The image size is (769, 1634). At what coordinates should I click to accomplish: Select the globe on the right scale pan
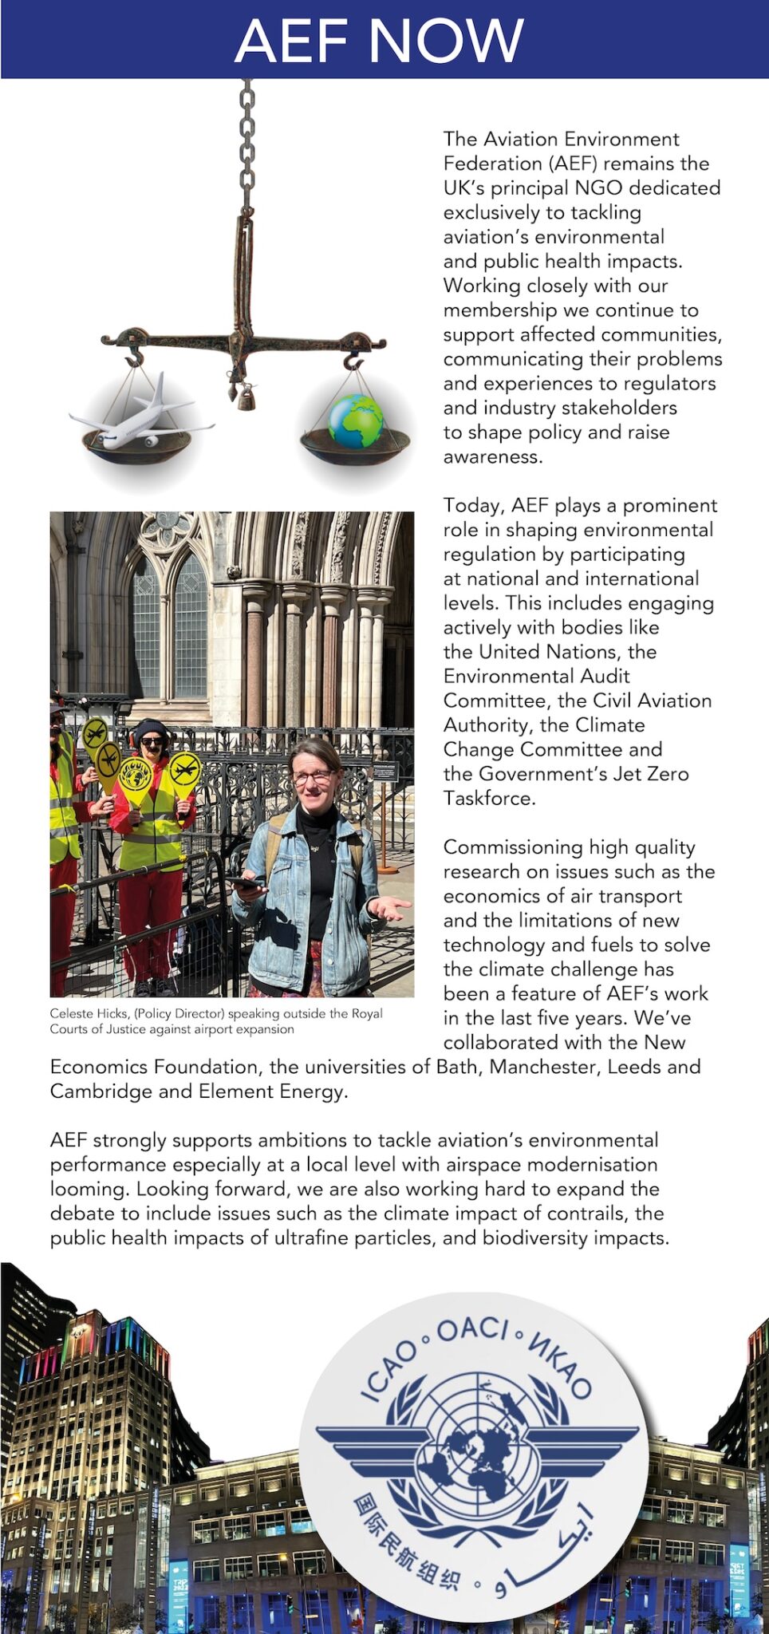tap(356, 420)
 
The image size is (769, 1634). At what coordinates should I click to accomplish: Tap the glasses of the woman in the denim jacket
tap(313, 776)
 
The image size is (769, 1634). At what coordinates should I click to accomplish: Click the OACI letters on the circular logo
tap(472, 1329)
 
